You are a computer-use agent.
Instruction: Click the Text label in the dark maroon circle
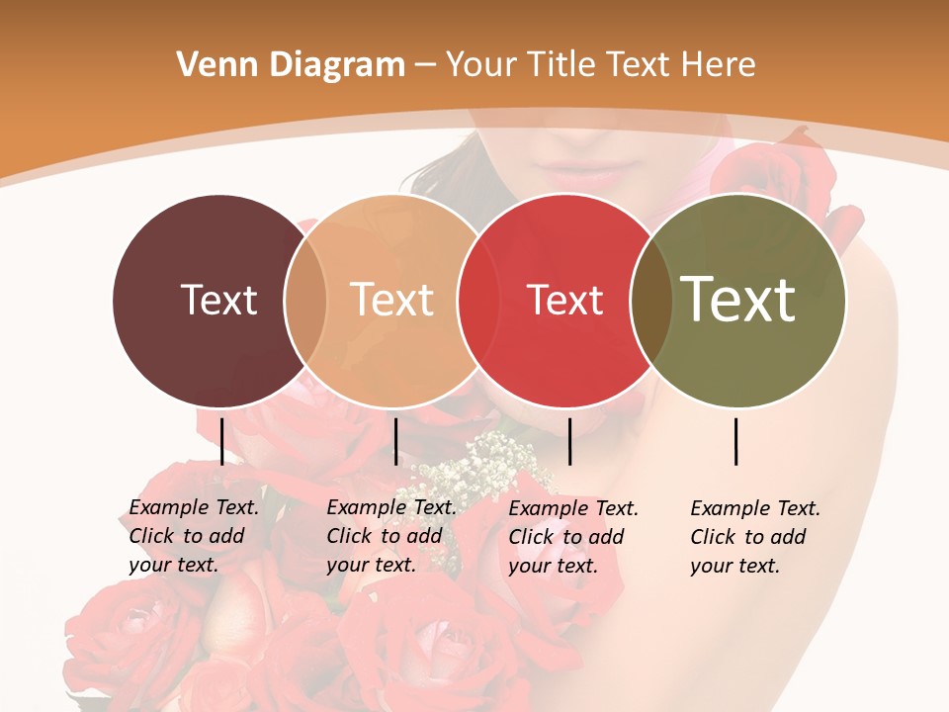tap(218, 300)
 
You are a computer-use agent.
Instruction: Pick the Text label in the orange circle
tap(392, 300)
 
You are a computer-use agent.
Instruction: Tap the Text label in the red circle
tap(565, 300)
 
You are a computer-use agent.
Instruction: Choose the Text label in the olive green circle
tap(738, 300)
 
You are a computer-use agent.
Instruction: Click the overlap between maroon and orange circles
tap(306, 300)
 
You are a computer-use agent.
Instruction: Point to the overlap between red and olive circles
tap(651, 300)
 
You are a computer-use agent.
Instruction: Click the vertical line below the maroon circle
tap(221, 441)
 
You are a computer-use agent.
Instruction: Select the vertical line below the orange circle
tap(395, 441)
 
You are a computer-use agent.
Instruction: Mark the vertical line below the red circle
tap(569, 441)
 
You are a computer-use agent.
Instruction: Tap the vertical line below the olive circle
tap(736, 441)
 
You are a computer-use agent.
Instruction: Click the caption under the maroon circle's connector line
tap(194, 536)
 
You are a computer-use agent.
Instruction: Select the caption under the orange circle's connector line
tap(391, 536)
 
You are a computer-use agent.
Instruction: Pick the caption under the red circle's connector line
tap(573, 537)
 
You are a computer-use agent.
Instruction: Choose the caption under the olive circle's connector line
tap(755, 537)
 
